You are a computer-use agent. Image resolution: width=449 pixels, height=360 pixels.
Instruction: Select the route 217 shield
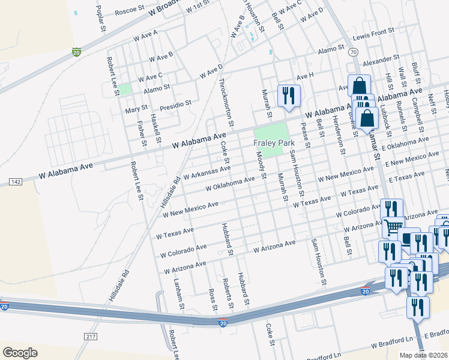coord(91,337)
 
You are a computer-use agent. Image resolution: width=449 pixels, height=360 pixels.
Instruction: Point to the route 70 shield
coord(353,53)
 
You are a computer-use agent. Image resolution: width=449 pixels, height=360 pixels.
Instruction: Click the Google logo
coord(20,352)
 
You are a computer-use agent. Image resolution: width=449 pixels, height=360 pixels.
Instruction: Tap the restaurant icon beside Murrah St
coord(289,96)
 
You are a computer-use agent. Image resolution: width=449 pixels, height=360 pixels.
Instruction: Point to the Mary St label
coord(136,110)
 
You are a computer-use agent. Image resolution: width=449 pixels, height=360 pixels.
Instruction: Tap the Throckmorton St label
coord(223,98)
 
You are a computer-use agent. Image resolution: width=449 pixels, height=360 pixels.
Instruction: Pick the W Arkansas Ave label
coord(207,173)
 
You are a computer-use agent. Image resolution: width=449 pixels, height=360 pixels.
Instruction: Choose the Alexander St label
coord(381,60)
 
